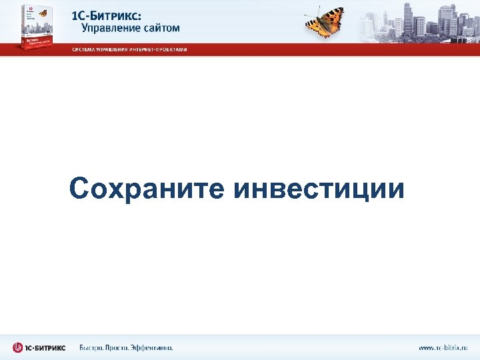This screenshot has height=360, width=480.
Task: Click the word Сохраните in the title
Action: click(147, 189)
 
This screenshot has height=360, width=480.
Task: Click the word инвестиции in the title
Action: click(319, 189)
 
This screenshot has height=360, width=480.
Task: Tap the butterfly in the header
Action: click(325, 22)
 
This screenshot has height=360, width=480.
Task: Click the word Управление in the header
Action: click(111, 28)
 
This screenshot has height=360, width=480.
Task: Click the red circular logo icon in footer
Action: click(18, 347)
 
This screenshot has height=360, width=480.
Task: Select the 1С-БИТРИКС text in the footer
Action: click(47, 347)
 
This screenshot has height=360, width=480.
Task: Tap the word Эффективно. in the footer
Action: click(154, 347)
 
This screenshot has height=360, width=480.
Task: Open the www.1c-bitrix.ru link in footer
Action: click(443, 347)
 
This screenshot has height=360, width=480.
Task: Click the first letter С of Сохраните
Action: click(79, 189)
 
